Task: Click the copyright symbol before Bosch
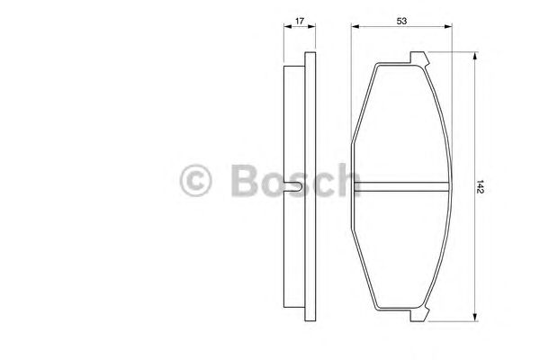click(197, 182)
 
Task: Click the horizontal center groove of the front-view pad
click(400, 187)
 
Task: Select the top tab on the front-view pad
click(419, 59)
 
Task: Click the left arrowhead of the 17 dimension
click(287, 27)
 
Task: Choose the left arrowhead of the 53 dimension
click(354, 27)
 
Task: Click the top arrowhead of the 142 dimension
click(474, 57)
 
